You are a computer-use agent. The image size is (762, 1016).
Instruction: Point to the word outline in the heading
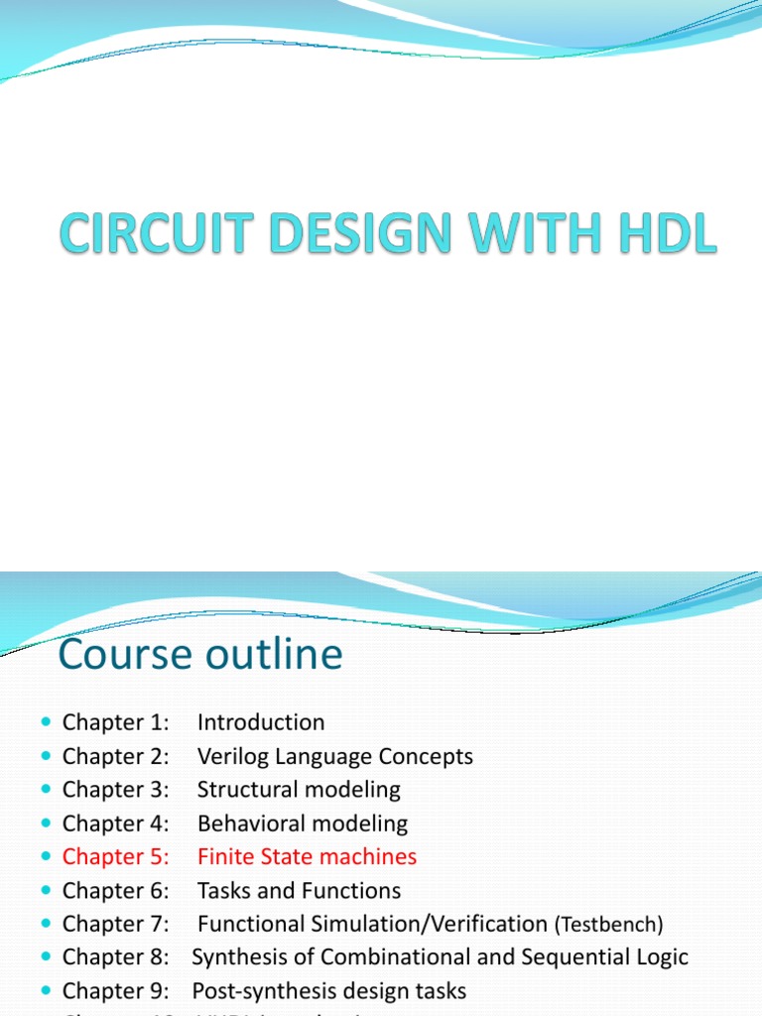(279, 655)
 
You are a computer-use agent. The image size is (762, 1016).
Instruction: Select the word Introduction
(261, 722)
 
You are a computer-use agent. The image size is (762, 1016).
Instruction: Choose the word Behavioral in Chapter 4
(248, 824)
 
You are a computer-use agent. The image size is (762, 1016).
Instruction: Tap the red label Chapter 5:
(116, 857)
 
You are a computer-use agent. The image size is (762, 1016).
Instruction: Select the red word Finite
(224, 857)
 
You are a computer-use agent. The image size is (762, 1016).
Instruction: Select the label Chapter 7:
(116, 925)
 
